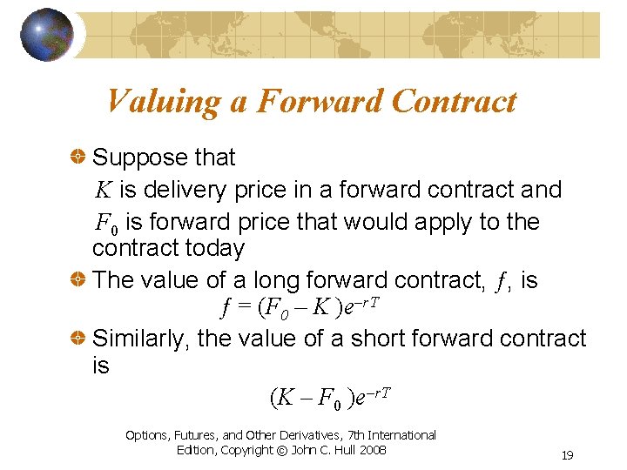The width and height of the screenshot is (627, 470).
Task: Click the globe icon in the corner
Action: pyautogui.click(x=46, y=35)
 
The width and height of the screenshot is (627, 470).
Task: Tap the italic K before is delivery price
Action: pyautogui.click(x=103, y=190)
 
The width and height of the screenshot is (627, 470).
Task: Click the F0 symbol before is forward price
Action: pyautogui.click(x=106, y=224)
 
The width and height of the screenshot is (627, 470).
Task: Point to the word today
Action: pyautogui.click(x=217, y=248)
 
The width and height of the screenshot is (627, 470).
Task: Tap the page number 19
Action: pyautogui.click(x=567, y=455)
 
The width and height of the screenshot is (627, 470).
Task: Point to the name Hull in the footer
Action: pyautogui.click(x=336, y=450)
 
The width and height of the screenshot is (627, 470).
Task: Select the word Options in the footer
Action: pyautogui.click(x=150, y=434)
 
